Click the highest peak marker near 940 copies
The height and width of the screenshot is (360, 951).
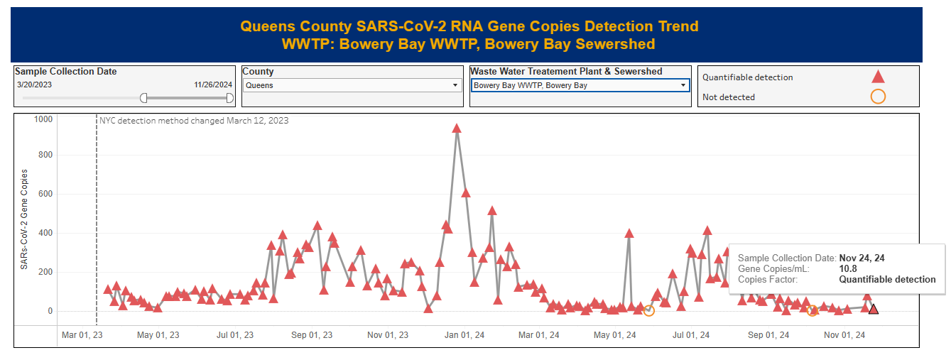coord(457,129)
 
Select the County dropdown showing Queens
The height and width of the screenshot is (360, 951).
coord(352,85)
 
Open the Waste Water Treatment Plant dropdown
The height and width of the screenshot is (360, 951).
coord(580,85)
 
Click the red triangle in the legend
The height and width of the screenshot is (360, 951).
coord(878,77)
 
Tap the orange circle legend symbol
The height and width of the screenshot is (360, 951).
coord(878,97)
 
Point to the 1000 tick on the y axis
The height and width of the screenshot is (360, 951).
coord(43,119)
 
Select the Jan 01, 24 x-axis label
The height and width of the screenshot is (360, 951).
coord(464,335)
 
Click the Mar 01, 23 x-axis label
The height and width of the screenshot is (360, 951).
coord(82,335)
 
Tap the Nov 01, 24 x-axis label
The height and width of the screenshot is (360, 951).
coord(844,335)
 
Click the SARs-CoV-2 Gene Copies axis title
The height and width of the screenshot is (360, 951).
coord(25,219)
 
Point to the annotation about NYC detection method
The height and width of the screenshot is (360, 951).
coord(194,121)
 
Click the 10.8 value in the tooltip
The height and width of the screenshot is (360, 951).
coord(848,269)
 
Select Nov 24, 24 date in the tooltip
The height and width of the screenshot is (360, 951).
coord(862,258)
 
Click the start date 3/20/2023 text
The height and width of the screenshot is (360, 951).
coord(35,84)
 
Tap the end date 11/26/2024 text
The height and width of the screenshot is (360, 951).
coord(212,84)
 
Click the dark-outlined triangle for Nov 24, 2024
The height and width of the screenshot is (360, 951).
coord(874,309)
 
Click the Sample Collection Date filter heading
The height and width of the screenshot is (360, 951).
coord(66,72)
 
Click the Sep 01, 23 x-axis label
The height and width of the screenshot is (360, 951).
coord(312,335)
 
